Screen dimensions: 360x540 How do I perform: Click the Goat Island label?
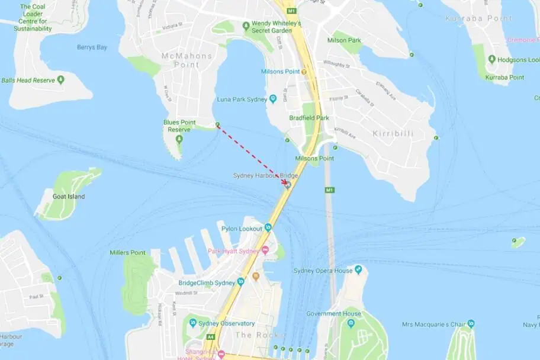click(x=69, y=197)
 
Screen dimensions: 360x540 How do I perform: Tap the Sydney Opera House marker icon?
click(x=358, y=271)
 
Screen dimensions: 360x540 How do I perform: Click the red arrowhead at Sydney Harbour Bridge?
click(x=285, y=182)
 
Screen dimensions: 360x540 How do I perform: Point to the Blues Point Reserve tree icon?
click(x=179, y=139)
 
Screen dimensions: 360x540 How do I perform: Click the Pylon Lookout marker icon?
click(x=268, y=227)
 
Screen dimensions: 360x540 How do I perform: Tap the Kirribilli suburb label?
click(x=393, y=134)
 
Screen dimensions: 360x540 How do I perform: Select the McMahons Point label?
click(x=187, y=60)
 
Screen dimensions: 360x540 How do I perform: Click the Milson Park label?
click(x=343, y=40)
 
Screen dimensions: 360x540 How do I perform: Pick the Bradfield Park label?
click(x=309, y=118)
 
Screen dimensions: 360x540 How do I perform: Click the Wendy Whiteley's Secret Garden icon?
click(x=246, y=25)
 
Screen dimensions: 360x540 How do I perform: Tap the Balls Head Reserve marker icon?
click(x=60, y=80)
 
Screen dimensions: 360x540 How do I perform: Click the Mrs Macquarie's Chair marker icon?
click(x=471, y=323)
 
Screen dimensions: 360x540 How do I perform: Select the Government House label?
click(x=333, y=314)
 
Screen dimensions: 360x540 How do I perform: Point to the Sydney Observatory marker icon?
click(x=192, y=323)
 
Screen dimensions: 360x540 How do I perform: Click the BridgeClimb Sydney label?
click(x=207, y=282)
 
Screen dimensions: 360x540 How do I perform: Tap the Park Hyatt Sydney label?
click(x=233, y=251)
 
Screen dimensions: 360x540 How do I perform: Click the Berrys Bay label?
click(x=92, y=47)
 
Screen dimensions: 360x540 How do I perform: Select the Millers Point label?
click(x=127, y=253)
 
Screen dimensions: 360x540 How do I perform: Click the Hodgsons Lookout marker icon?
click(x=491, y=60)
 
